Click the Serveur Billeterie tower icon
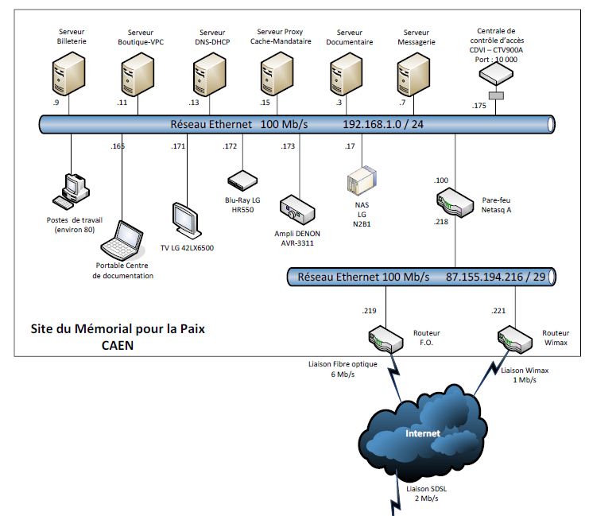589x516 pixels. coord(68,74)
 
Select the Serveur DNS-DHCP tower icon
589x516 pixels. coord(210,75)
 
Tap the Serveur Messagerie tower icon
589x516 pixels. coord(413,75)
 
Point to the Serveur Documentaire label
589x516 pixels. coord(349,37)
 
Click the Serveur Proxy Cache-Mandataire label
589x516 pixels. coord(281,37)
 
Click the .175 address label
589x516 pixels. coord(479,106)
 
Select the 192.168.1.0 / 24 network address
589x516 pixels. coord(383,124)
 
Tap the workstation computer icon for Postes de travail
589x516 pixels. coord(71,192)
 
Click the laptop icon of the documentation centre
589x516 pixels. coord(122,240)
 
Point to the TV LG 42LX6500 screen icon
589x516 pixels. coord(186,220)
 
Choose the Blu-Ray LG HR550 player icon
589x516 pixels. coord(242,180)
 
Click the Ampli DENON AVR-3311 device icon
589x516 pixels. coord(296,210)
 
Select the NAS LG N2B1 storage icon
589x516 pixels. coord(362,181)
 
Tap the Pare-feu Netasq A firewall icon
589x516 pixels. coord(455,203)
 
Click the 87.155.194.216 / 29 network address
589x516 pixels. coord(495,277)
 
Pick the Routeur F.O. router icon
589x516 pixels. coord(386,339)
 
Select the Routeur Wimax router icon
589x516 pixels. coord(515,339)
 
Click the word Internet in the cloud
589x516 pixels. coord(423,433)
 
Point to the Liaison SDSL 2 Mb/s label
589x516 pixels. coord(426,494)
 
